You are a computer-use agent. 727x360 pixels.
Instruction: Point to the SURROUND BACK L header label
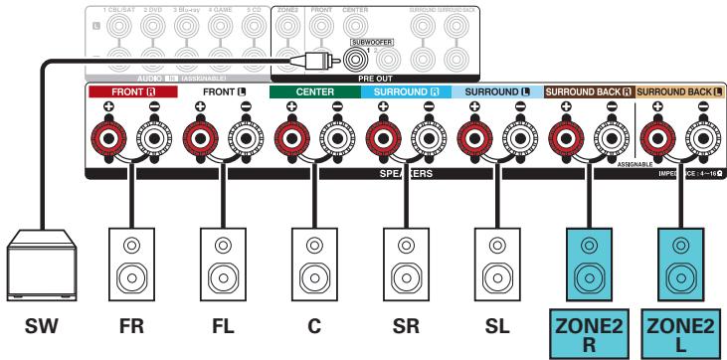(680, 90)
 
